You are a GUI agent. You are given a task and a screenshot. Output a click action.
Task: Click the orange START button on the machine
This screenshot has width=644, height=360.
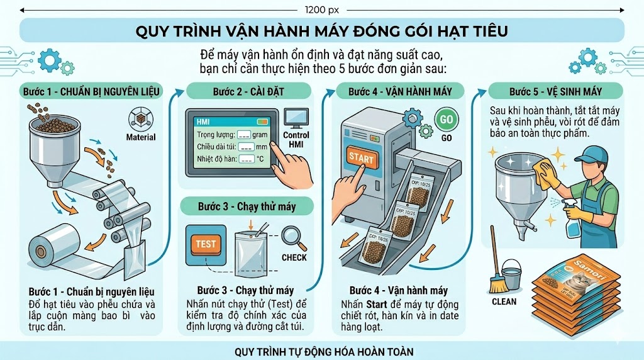click(x=361, y=158)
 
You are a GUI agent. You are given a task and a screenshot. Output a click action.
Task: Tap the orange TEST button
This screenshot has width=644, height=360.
click(x=206, y=244)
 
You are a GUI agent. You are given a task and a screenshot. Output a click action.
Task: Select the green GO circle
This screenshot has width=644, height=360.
click(x=446, y=120)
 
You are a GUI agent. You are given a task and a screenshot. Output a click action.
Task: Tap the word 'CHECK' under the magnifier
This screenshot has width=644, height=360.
click(x=294, y=257)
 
